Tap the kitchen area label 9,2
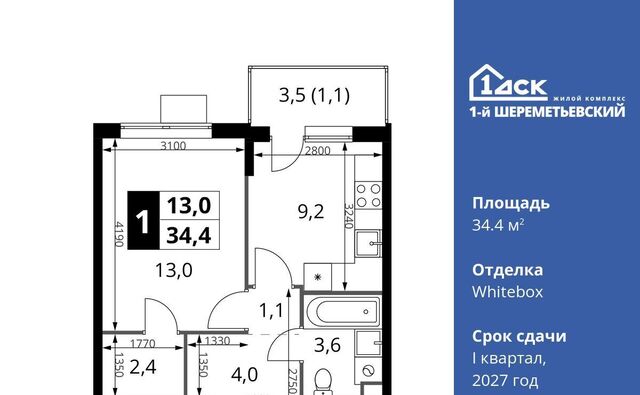[311, 212]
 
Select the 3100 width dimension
[173, 145]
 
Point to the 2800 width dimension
[318, 151]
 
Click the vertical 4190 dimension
[119, 234]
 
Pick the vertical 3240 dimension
[348, 216]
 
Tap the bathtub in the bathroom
[342, 312]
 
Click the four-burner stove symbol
[369, 195]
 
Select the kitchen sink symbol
[368, 243]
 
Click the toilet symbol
[325, 382]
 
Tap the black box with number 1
[143, 220]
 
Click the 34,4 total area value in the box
[189, 235]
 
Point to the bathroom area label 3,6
[327, 345]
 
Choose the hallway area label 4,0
[244, 375]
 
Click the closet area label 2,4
[143, 367]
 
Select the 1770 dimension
[143, 344]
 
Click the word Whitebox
[507, 292]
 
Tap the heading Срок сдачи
[519, 336]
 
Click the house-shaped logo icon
[508, 82]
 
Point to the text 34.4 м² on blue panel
[498, 224]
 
